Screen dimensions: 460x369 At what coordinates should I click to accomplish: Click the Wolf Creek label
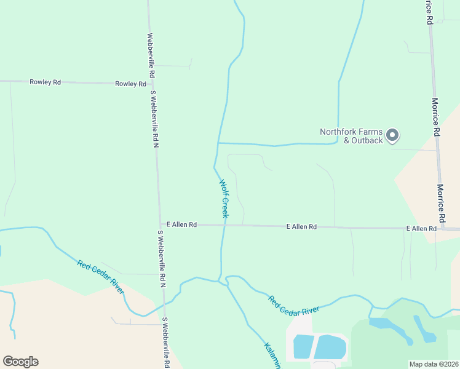coord(224,198)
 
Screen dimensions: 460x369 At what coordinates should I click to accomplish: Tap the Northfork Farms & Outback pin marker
coord(394,135)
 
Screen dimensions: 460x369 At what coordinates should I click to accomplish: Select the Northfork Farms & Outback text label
coord(351,136)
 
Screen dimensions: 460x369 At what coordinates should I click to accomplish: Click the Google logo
coord(20,362)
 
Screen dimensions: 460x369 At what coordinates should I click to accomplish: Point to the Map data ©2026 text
coord(434,364)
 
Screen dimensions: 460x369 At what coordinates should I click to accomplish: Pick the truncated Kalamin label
coord(273,355)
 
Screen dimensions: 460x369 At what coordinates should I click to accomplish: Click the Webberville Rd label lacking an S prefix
coord(151,54)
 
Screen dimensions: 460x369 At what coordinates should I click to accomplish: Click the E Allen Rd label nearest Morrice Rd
coord(421,229)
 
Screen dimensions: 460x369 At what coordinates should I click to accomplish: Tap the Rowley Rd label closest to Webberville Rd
coord(130,84)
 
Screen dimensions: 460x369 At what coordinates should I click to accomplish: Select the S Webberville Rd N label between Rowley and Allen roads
coord(155,119)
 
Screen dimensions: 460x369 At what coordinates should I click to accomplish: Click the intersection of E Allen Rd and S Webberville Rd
coord(160,225)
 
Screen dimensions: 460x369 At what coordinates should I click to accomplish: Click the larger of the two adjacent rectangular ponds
coord(330,347)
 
